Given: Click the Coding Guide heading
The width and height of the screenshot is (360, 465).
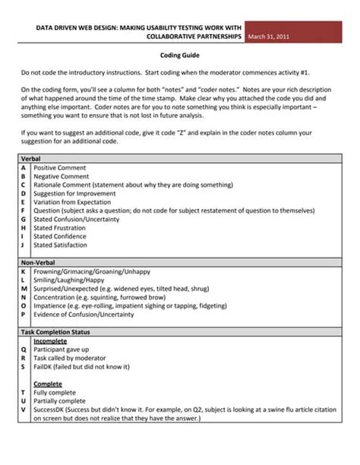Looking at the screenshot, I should click(180, 55).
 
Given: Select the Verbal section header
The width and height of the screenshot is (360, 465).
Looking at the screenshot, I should click(31, 158).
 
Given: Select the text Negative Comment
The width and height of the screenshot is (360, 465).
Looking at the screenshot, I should click(62, 176).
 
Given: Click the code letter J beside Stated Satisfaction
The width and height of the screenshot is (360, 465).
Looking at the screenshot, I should click(24, 245).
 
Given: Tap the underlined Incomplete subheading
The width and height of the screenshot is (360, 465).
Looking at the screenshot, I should click(50, 342).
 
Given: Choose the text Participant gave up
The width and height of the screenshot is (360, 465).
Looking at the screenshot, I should click(65, 350).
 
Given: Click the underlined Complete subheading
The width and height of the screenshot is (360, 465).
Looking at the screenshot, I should click(48, 384).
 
